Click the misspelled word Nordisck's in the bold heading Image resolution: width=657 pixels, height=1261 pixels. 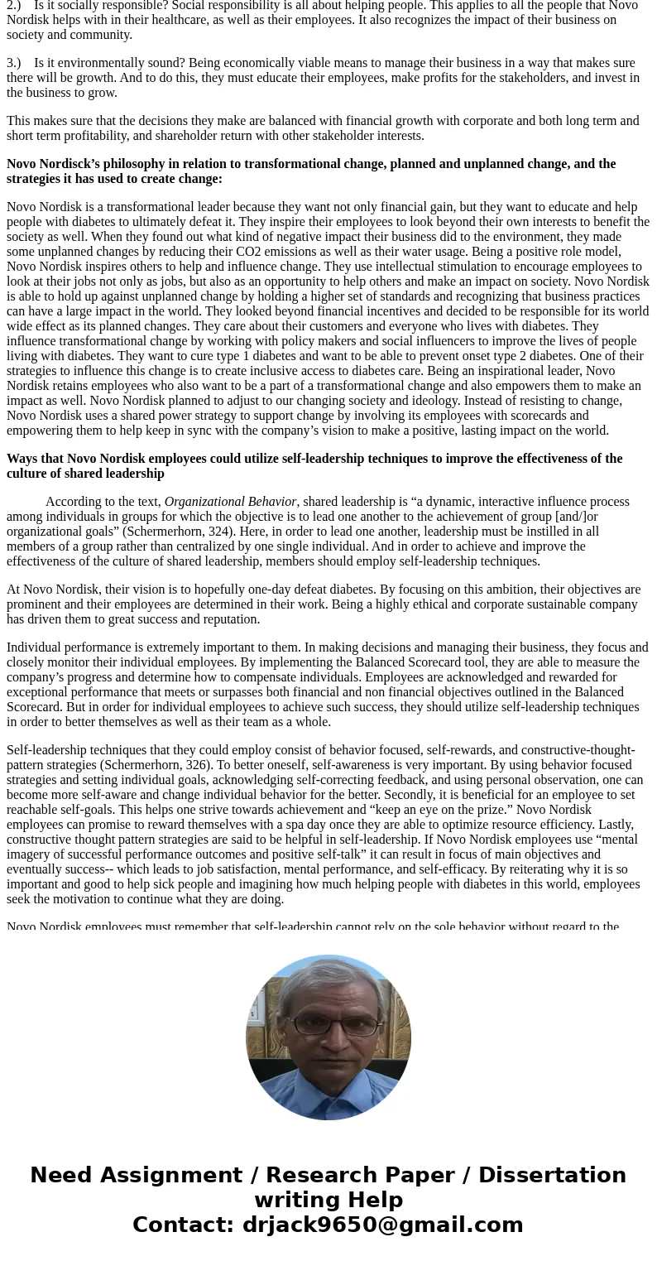tap(70, 164)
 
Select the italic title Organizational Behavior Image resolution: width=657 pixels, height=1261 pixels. tap(230, 502)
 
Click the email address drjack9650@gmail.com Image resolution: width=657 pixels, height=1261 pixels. tap(382, 1225)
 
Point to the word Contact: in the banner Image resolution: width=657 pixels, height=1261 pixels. tap(183, 1225)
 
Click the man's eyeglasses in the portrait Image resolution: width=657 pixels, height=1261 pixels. tap(328, 1025)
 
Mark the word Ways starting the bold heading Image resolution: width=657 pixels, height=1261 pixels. tap(22, 459)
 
